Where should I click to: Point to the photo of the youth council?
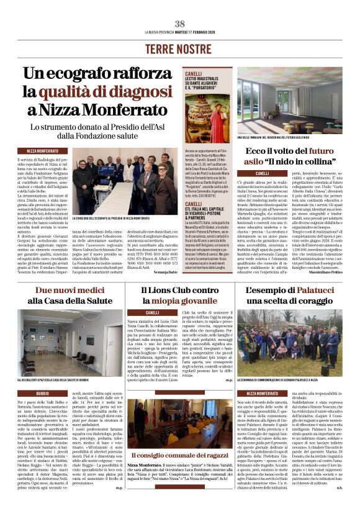click(x=179, y=427)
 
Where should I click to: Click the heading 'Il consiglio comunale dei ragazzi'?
click(x=180, y=457)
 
